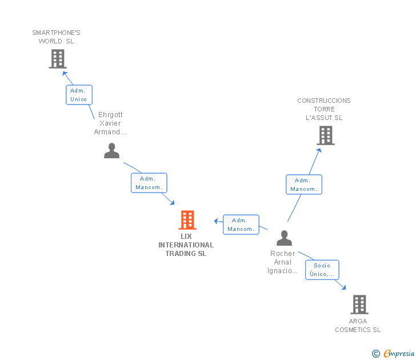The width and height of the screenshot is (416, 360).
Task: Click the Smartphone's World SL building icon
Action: [57, 59]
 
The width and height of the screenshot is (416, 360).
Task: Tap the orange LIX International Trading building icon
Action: [187, 220]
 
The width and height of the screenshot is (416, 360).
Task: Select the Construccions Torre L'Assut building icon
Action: [325, 135]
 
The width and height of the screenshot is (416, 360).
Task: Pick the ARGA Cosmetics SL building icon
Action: [359, 305]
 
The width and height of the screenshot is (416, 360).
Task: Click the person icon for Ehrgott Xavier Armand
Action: [112, 150]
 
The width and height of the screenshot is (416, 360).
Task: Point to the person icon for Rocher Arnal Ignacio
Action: [284, 238]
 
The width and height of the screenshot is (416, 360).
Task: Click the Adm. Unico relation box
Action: [79, 95]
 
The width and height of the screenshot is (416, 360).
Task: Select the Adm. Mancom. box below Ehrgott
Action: [149, 183]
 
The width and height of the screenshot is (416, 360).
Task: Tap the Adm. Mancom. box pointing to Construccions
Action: [303, 185]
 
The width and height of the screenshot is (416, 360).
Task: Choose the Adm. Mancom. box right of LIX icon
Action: [241, 225]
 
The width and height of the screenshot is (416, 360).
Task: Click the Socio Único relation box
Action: [322, 270]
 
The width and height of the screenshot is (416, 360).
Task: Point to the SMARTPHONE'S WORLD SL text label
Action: [56, 37]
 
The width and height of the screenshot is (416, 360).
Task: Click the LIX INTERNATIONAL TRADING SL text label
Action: [186, 245]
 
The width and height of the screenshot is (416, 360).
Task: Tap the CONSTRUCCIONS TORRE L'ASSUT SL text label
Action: [324, 109]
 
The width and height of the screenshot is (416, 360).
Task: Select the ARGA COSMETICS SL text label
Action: [358, 325]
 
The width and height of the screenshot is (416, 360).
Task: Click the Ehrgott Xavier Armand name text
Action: [110, 123]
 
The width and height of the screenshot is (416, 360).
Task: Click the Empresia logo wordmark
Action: [398, 354]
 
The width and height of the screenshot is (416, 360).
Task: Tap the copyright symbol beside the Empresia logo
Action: [376, 354]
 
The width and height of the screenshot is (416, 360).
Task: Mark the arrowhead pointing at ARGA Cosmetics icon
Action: [343, 287]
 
